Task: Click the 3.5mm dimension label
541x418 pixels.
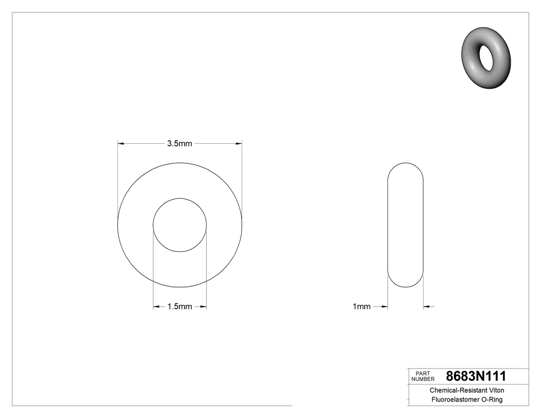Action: tap(179, 144)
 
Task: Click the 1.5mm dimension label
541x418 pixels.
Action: tap(179, 307)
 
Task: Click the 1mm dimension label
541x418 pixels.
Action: tap(361, 307)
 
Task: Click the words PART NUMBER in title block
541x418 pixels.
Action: tap(422, 376)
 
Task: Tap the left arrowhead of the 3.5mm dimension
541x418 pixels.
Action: tap(122, 143)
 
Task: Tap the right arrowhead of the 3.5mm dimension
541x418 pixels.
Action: tap(239, 143)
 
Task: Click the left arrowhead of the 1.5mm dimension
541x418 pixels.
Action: tap(156, 307)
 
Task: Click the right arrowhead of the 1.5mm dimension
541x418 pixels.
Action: tap(203, 307)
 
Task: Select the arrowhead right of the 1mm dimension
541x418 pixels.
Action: tap(427, 307)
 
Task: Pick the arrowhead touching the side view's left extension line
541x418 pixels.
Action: tap(384, 307)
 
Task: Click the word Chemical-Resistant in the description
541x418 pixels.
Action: tap(452, 391)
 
